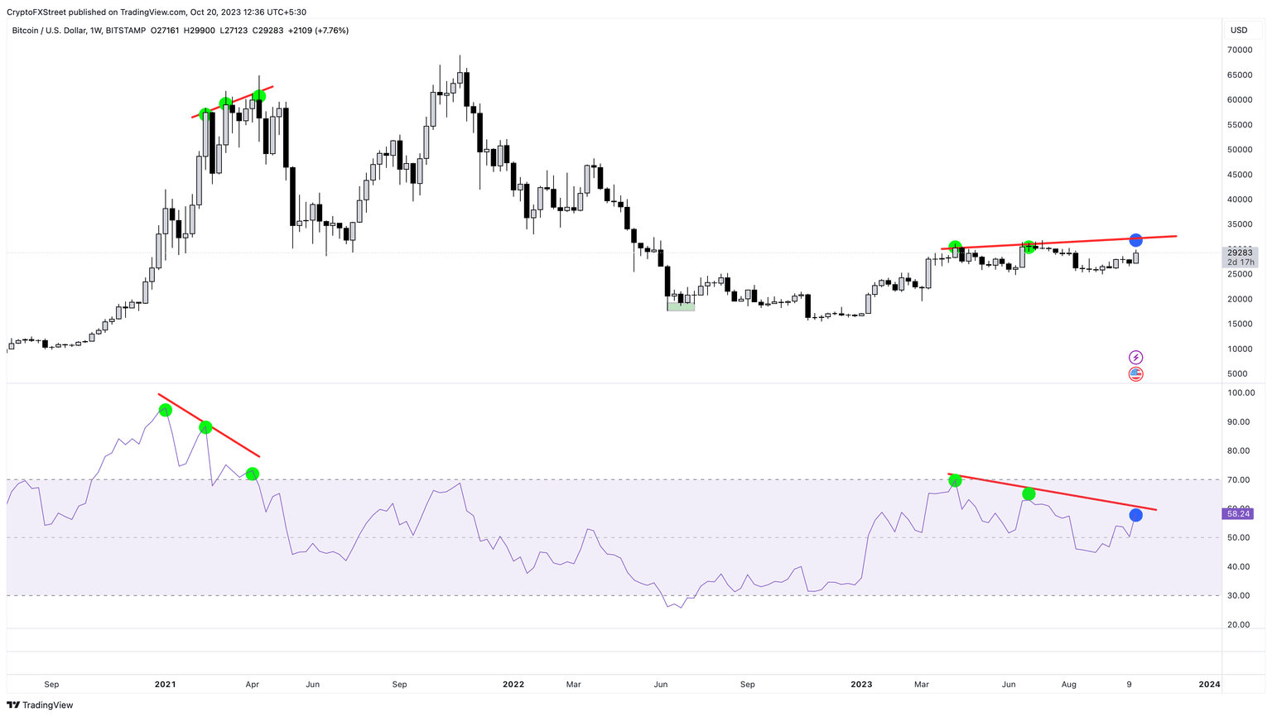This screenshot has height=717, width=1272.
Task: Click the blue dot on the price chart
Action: pyautogui.click(x=1135, y=240)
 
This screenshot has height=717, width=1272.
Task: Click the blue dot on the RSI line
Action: pyautogui.click(x=1135, y=515)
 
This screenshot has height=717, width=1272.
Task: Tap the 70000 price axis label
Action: pyautogui.click(x=1239, y=50)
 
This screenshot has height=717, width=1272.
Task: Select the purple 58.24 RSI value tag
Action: pyautogui.click(x=1238, y=514)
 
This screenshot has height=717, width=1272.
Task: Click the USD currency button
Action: pyautogui.click(x=1239, y=31)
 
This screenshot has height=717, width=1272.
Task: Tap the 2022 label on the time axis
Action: pyautogui.click(x=513, y=685)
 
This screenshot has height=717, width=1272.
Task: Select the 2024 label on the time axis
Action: pyautogui.click(x=1209, y=685)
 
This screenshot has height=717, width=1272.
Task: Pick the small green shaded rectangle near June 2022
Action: pyautogui.click(x=681, y=306)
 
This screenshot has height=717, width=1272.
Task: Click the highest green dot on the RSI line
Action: pyautogui.click(x=165, y=410)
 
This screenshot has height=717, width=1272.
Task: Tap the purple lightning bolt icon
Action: pyautogui.click(x=1135, y=358)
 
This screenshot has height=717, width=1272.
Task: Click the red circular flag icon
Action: pyautogui.click(x=1135, y=374)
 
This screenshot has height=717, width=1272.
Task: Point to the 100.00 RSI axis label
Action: pyautogui.click(x=1241, y=393)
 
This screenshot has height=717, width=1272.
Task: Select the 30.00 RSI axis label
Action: pyautogui.click(x=1239, y=596)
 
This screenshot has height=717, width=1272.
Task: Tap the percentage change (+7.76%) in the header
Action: pyautogui.click(x=331, y=31)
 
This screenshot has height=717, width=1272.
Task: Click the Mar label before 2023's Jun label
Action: pyautogui.click(x=921, y=685)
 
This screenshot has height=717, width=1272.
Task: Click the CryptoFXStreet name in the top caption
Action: pyautogui.click(x=37, y=12)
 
